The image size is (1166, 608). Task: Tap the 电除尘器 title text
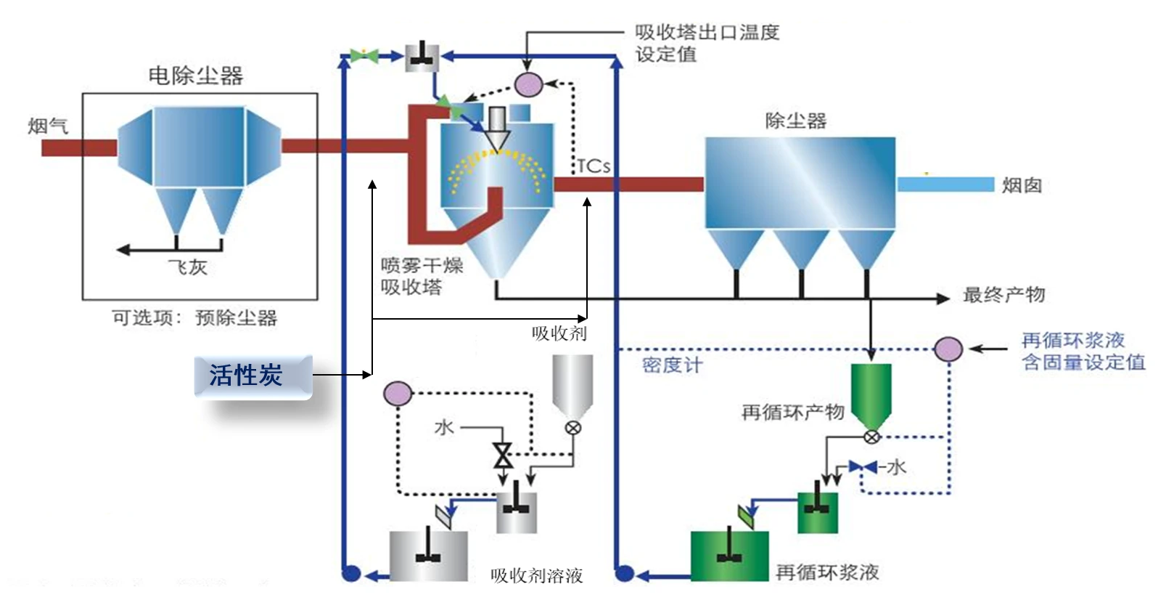click(x=195, y=76)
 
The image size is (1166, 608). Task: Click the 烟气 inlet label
click(x=48, y=126)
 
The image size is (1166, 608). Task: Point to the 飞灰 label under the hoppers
click(x=187, y=267)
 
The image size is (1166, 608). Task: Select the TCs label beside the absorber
click(x=594, y=166)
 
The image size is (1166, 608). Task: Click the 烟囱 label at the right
click(x=1022, y=186)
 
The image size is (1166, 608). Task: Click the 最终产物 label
click(x=1003, y=295)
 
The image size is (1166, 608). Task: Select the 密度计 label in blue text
click(x=672, y=365)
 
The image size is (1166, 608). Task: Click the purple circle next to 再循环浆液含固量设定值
click(x=948, y=349)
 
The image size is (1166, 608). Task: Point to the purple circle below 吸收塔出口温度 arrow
click(x=528, y=84)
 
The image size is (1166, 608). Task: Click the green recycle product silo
click(x=871, y=394)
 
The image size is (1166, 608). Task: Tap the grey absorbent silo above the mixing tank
click(x=572, y=385)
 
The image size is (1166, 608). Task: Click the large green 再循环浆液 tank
click(x=729, y=556)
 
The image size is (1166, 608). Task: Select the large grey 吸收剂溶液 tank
click(x=428, y=556)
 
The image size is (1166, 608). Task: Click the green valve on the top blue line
click(x=364, y=56)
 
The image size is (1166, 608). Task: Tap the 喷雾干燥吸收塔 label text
click(x=422, y=276)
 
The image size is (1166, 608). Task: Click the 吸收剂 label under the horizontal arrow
click(x=559, y=333)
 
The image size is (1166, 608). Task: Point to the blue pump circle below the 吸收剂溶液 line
click(x=351, y=574)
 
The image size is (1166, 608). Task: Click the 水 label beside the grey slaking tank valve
click(x=443, y=427)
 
